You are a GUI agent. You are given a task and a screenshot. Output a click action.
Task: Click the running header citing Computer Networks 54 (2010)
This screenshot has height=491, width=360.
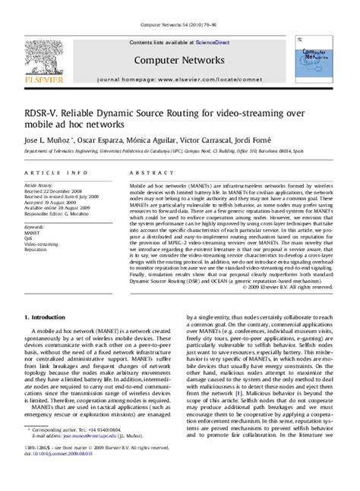coord(179,6)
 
